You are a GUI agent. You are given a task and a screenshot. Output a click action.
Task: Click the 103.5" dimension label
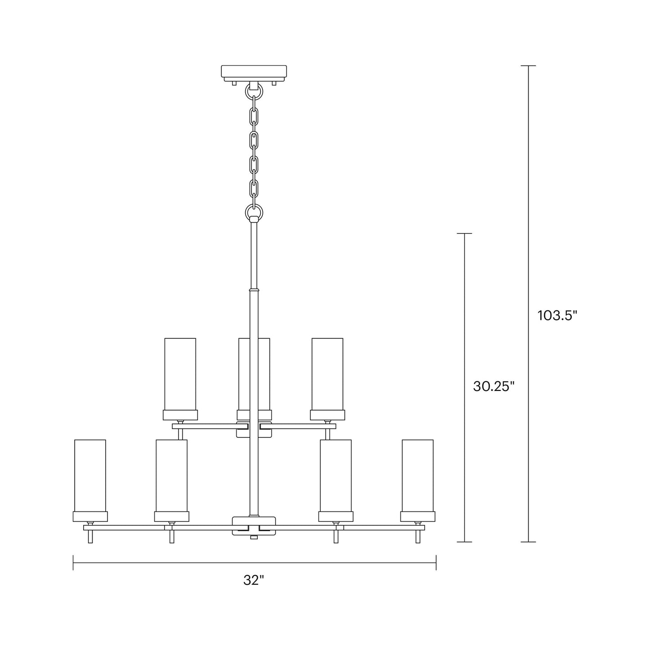click(557, 315)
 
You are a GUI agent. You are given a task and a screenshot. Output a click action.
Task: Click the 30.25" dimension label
click(493, 386)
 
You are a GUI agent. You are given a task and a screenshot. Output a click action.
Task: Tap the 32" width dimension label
click(254, 580)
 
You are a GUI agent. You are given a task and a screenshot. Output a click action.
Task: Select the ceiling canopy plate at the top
click(254, 72)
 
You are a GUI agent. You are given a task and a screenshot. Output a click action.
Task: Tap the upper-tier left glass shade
click(180, 374)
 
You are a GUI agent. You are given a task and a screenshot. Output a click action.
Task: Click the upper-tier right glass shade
click(327, 374)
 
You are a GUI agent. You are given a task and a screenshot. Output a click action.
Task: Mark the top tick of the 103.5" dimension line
click(528, 66)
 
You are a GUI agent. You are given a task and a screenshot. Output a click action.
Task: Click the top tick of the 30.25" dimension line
click(464, 233)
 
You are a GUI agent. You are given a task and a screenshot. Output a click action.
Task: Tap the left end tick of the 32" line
click(73, 562)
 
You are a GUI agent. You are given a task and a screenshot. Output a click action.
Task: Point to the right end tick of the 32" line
click(436, 562)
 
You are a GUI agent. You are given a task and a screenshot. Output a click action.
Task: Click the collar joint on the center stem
click(254, 290)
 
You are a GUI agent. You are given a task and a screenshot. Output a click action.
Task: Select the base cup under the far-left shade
click(90, 516)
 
